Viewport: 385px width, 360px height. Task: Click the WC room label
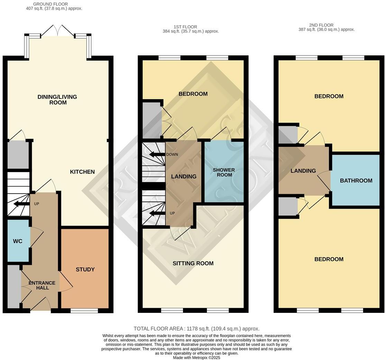click(18, 241)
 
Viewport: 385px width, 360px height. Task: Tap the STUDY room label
click(85, 269)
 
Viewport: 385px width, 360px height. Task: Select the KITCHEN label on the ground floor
click(82, 172)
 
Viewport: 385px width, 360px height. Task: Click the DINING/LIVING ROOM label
click(57, 100)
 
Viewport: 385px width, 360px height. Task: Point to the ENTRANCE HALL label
click(42, 285)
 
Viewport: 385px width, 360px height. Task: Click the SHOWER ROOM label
click(224, 172)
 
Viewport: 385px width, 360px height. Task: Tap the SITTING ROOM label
click(193, 263)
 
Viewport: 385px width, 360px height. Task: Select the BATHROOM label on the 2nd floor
click(356, 181)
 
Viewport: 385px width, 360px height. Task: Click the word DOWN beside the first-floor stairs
click(172, 154)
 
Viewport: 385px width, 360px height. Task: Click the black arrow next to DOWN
click(157, 154)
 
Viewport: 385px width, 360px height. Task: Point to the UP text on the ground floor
click(37, 204)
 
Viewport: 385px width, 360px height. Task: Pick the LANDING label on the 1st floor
click(184, 177)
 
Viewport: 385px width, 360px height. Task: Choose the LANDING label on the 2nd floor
click(303, 171)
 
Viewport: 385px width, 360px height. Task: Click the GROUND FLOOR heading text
click(51, 4)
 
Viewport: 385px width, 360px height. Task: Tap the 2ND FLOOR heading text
click(321, 25)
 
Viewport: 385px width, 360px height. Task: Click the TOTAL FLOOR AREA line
click(196, 329)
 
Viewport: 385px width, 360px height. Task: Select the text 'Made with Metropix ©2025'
click(196, 358)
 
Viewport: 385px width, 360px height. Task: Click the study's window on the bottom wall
click(84, 311)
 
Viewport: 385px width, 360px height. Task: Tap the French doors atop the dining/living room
click(57, 31)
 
